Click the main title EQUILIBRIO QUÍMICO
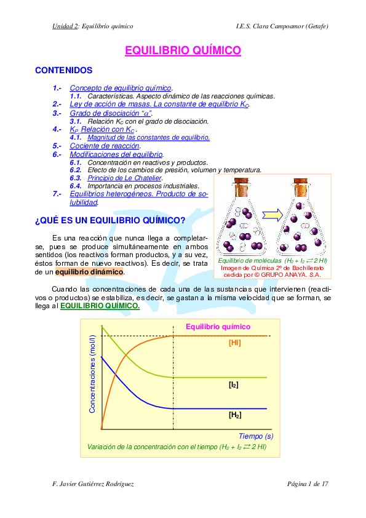(183, 50)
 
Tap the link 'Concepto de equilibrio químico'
(121, 89)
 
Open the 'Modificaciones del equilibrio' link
(116, 154)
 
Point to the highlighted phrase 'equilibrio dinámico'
(89, 271)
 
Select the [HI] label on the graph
(234, 343)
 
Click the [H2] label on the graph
(234, 415)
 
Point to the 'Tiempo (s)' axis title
(256, 436)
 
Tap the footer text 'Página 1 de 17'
(308, 484)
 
